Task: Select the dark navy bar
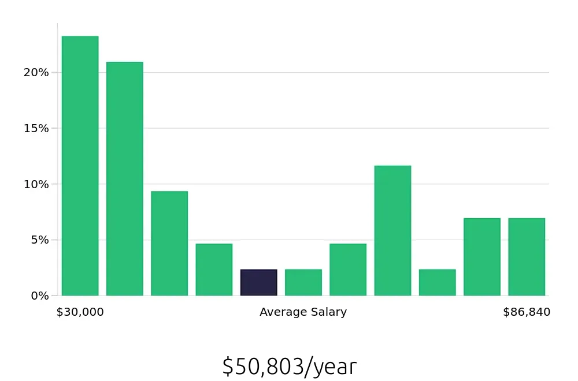(x=258, y=282)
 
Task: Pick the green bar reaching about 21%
(x=124, y=178)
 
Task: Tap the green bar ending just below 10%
(x=169, y=243)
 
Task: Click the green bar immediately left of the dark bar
(x=214, y=270)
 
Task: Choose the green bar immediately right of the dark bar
(x=303, y=282)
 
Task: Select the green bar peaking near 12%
(x=392, y=230)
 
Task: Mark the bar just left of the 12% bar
(x=347, y=270)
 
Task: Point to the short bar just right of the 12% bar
(x=437, y=282)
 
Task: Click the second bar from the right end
(x=481, y=257)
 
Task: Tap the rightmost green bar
(x=527, y=257)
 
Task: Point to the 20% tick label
(x=36, y=73)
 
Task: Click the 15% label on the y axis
(x=36, y=128)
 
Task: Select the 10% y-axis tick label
(x=36, y=184)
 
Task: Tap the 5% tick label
(x=39, y=240)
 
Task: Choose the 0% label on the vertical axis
(x=39, y=296)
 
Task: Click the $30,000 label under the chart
(x=80, y=312)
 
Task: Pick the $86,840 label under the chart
(x=527, y=312)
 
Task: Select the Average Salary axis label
(x=303, y=312)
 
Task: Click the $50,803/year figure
(x=290, y=367)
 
